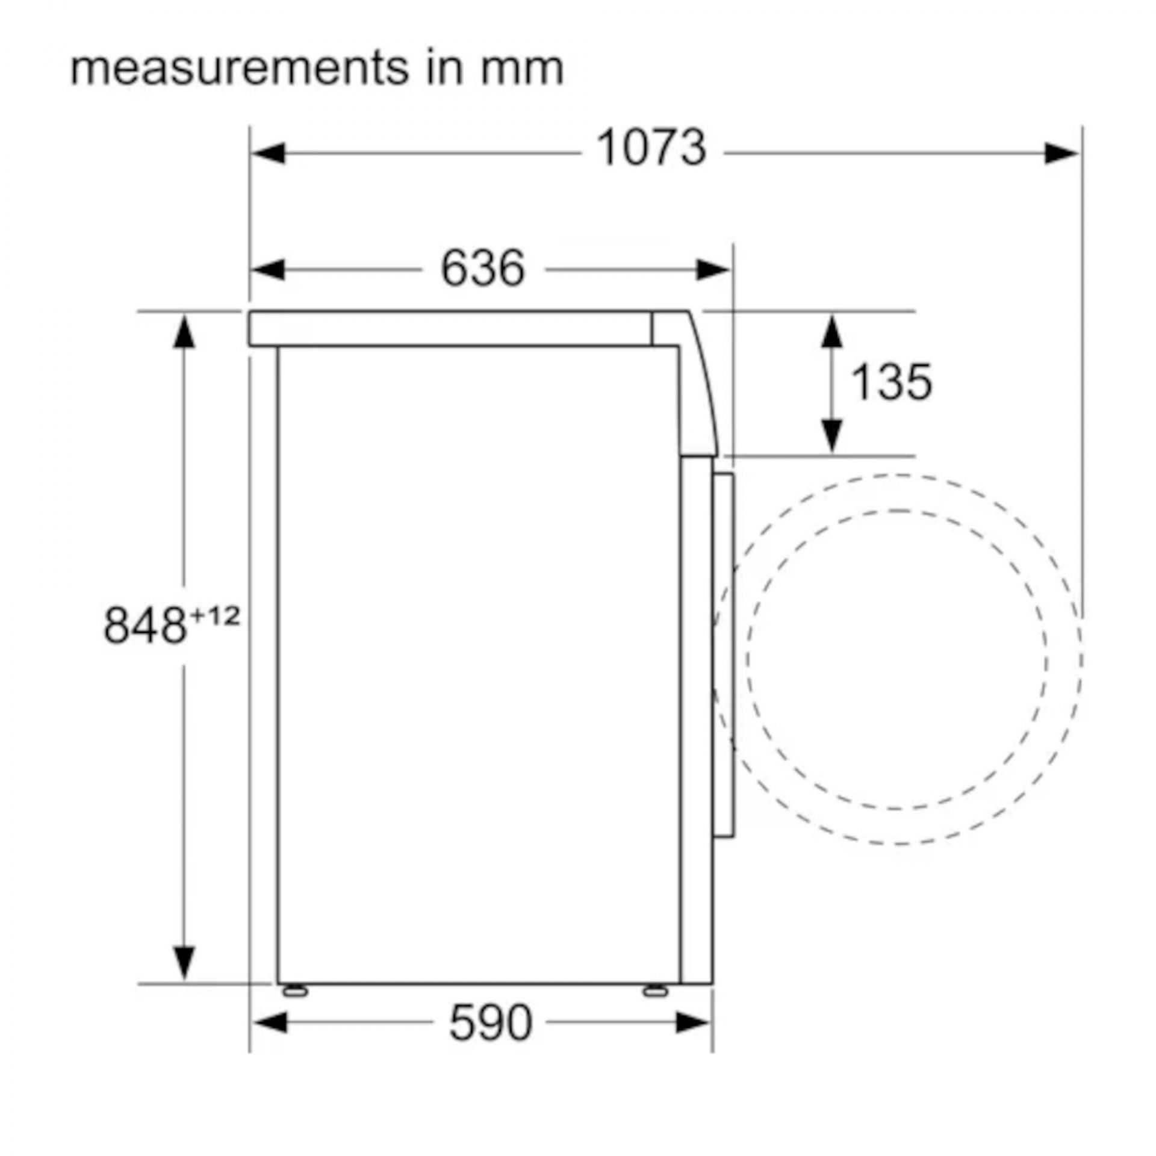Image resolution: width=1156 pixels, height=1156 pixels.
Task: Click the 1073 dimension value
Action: pos(651,148)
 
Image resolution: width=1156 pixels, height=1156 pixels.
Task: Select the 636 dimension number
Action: pos(483,268)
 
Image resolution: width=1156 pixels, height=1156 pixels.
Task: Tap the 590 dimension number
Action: pos(491,1022)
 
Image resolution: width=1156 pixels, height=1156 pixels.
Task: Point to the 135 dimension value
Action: pos(892,382)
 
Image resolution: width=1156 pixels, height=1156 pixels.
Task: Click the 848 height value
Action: pos(144,625)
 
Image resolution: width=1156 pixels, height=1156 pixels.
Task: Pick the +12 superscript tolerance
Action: pos(214,616)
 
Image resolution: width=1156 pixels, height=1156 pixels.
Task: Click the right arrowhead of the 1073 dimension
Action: pos(1061,153)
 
